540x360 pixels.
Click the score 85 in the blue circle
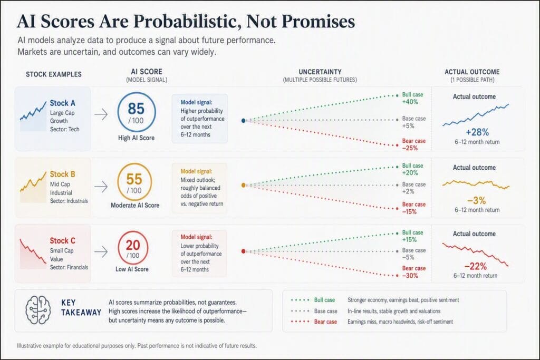(x=136, y=109)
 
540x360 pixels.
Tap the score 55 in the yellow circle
(x=134, y=179)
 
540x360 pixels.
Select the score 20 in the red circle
(x=132, y=245)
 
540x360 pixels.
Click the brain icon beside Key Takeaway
(x=38, y=310)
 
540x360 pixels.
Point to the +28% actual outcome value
(x=477, y=132)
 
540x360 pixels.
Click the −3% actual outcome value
(x=477, y=200)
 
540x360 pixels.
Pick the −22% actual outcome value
(x=476, y=266)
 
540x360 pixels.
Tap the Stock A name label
(x=62, y=103)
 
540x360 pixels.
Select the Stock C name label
(x=62, y=240)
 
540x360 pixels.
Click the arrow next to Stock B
(x=101, y=187)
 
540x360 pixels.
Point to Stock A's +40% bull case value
(x=410, y=102)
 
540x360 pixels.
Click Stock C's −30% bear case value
(x=410, y=276)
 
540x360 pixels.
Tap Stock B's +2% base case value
(x=408, y=191)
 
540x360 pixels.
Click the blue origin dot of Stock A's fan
(x=244, y=121)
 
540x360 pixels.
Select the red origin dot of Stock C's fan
(x=244, y=251)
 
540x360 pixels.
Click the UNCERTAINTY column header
(x=320, y=72)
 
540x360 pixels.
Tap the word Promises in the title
(x=318, y=21)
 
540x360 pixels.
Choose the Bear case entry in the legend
(x=325, y=322)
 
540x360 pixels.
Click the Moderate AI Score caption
(x=135, y=205)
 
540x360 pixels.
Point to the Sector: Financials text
(x=69, y=267)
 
